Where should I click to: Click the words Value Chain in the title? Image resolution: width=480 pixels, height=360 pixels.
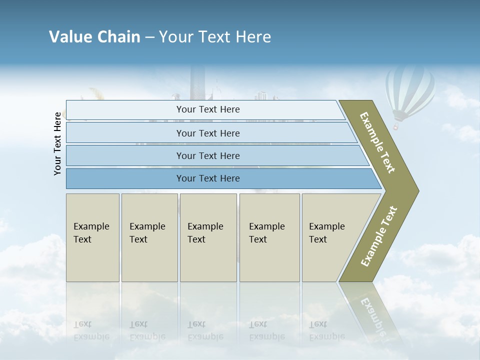pos(94,37)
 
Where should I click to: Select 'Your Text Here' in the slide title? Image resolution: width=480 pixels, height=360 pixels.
pos(215,37)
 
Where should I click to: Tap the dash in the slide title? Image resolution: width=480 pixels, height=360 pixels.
pos(149,37)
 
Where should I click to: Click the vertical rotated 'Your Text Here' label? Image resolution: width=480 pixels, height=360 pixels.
pos(57,143)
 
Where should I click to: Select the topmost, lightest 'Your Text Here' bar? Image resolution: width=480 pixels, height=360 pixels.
pos(208,109)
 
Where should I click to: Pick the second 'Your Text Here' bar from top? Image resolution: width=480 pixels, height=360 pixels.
pos(208,133)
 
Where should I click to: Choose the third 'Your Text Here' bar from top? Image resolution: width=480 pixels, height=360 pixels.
pos(208,155)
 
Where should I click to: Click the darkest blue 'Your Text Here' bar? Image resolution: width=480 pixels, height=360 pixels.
pos(208,178)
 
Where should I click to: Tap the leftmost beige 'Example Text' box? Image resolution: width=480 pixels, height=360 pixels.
pos(92,237)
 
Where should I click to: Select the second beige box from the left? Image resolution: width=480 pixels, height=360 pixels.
pos(149,237)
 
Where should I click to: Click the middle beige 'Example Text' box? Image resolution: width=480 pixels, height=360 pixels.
pos(208,237)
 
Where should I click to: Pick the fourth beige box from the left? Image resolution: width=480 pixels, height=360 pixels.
pos(269,237)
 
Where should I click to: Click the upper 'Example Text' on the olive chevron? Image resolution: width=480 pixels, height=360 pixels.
pos(377,142)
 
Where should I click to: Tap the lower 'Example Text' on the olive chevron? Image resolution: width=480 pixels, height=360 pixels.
pos(378,236)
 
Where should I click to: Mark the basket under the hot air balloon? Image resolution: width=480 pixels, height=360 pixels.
pos(396,127)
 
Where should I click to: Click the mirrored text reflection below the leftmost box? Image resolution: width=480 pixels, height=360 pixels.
pos(91,330)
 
